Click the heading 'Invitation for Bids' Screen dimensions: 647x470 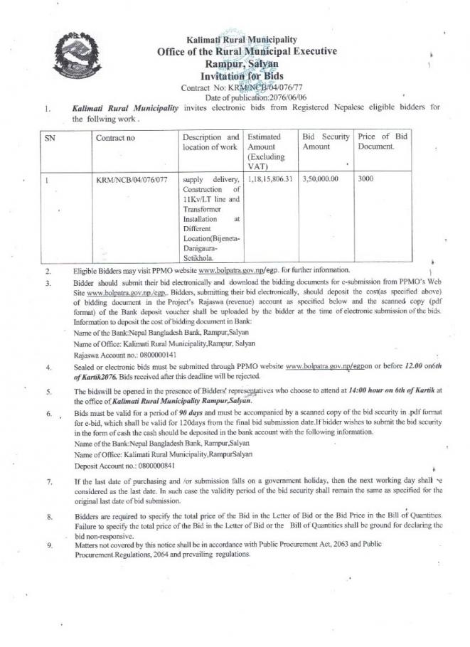[242, 75]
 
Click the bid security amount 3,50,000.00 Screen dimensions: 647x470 [320, 179]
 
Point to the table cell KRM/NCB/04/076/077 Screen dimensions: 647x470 [132, 180]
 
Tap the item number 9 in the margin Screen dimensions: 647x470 [48, 545]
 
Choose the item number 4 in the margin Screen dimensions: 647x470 [48, 368]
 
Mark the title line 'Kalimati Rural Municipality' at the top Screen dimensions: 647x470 [242, 40]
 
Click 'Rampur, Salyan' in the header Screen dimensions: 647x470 [242, 63]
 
